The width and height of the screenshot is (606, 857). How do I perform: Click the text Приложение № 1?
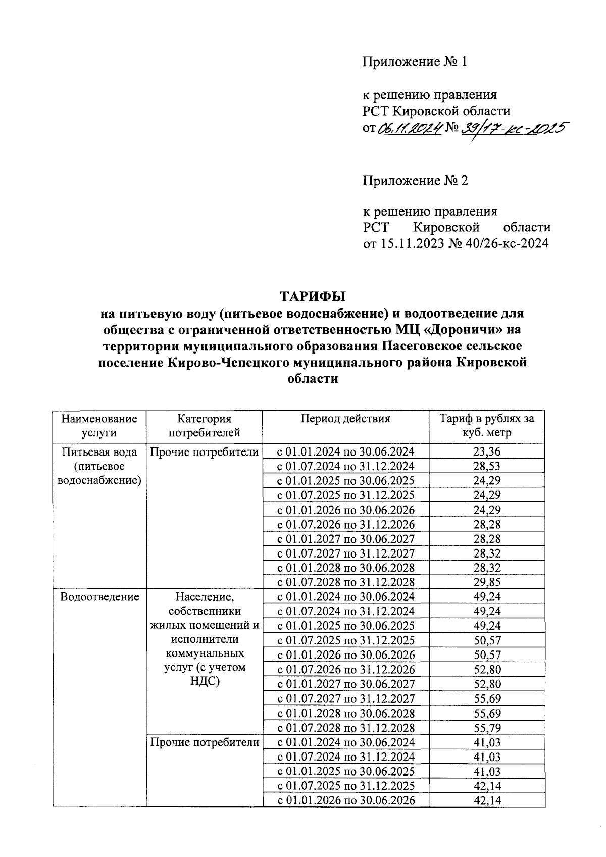[415, 62]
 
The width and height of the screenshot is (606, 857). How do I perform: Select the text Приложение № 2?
[415, 180]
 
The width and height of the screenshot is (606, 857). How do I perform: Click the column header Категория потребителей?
[204, 426]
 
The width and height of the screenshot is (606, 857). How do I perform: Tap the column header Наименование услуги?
[99, 426]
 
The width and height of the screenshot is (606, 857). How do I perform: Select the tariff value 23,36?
[487, 451]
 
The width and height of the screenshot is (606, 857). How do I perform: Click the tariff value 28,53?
[487, 466]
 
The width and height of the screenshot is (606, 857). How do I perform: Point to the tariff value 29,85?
[487, 582]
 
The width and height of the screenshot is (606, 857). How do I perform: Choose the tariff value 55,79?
[487, 728]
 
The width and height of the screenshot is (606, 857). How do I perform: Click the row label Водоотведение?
[99, 597]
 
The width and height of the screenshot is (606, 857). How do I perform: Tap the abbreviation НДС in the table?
[204, 681]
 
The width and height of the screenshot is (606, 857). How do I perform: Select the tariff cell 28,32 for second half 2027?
[487, 553]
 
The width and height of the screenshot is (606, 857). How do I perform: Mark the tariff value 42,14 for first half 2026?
[487, 800]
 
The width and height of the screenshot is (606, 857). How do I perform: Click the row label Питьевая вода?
[99, 451]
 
